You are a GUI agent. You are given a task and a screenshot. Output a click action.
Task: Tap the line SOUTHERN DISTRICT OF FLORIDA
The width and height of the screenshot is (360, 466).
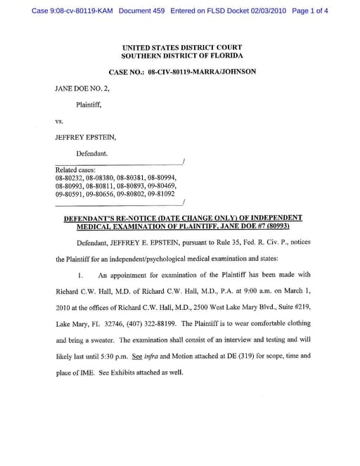[181, 55]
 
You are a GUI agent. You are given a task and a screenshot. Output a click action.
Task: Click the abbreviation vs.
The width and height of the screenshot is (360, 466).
[60, 121]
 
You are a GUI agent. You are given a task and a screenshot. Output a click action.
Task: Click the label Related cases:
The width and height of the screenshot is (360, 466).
[75, 169]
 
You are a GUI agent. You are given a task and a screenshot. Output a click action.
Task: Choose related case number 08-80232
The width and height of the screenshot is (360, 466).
[69, 178]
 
